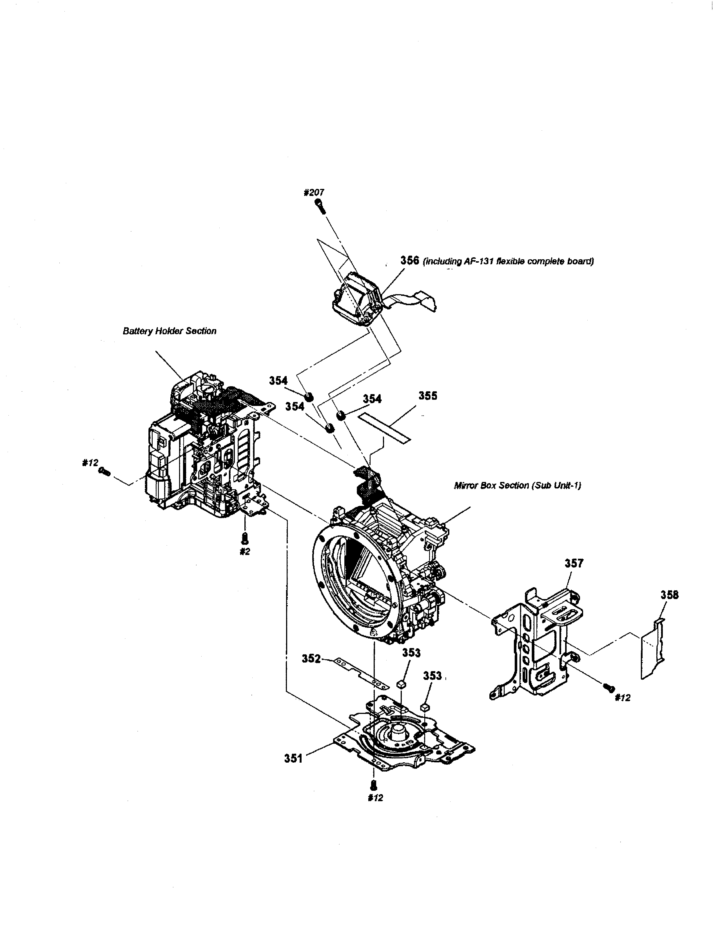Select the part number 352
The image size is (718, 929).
pyautogui.click(x=311, y=658)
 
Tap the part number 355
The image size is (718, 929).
pyautogui.click(x=427, y=396)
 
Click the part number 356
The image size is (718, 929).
pyautogui.click(x=410, y=260)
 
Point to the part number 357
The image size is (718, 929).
pyautogui.click(x=574, y=563)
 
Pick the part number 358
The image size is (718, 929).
pyautogui.click(x=670, y=595)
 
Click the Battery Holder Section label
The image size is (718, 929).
pyautogui.click(x=169, y=331)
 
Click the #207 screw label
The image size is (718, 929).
pyautogui.click(x=314, y=192)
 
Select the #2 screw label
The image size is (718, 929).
pyautogui.click(x=245, y=552)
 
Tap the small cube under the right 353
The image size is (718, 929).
pyautogui.click(x=424, y=707)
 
